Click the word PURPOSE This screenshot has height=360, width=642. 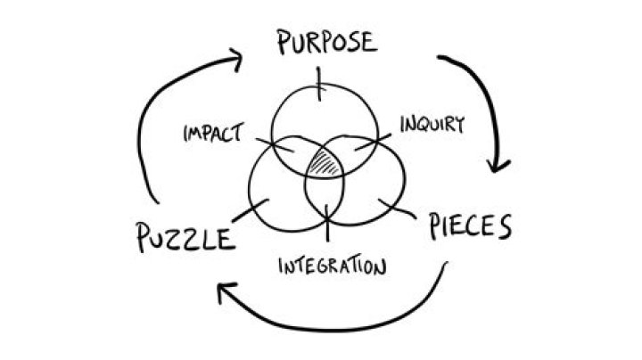click(x=326, y=41)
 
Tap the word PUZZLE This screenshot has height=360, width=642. click(x=185, y=237)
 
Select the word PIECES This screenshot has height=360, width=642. click(x=470, y=225)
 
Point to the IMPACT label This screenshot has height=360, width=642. click(x=213, y=133)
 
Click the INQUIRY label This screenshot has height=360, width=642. click(x=432, y=124)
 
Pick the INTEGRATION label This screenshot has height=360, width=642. click(x=332, y=265)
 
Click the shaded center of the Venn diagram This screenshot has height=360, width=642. click(x=325, y=163)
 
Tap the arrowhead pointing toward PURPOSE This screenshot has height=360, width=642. click(x=235, y=60)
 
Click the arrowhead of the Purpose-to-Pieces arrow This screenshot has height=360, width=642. click(x=498, y=165)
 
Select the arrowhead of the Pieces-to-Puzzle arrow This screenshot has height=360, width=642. click(x=226, y=291)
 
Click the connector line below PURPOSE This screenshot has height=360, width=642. click(x=319, y=84)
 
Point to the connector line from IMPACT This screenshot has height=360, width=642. click(x=275, y=145)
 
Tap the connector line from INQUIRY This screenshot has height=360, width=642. click(x=373, y=142)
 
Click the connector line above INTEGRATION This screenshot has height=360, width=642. click(x=327, y=223)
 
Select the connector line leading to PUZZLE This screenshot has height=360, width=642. click(x=251, y=210)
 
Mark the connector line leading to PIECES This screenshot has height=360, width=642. click(x=396, y=209)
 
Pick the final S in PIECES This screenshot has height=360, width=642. click(x=505, y=227)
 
